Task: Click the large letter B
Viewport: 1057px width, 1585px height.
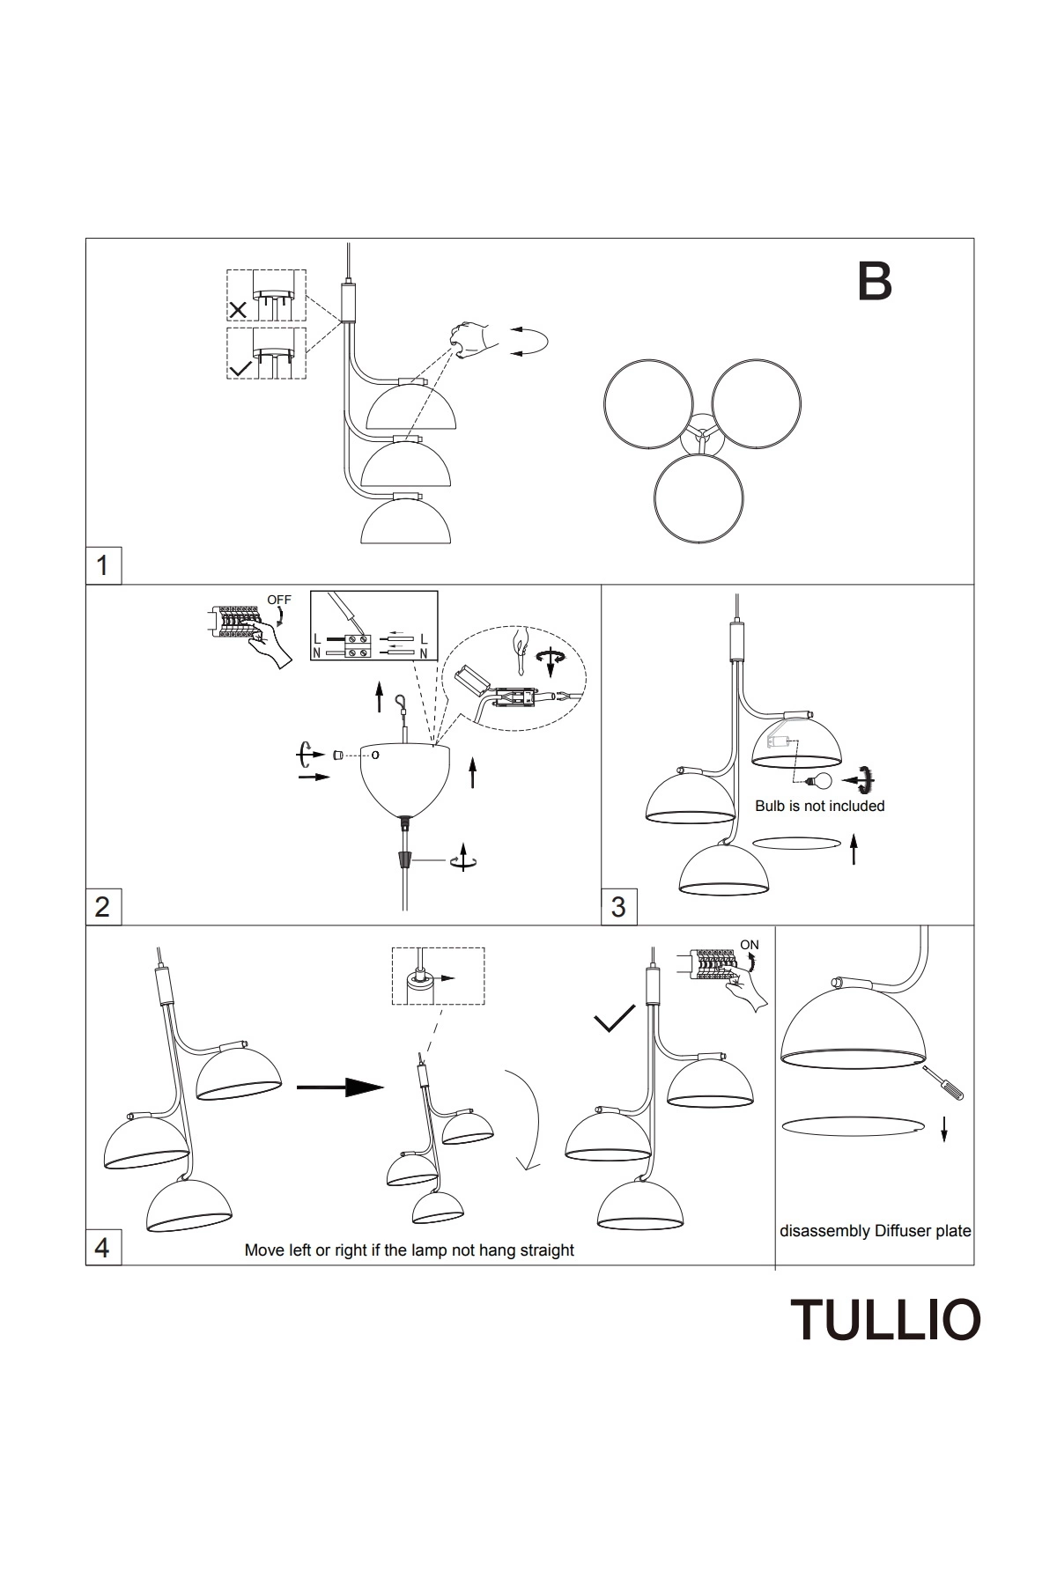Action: [875, 281]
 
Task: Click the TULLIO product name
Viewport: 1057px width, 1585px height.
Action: [885, 1319]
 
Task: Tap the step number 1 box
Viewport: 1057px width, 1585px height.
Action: [103, 565]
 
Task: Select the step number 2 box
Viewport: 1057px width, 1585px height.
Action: [103, 906]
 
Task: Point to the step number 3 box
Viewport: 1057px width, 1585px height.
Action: [618, 906]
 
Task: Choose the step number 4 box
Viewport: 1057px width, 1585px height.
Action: [103, 1247]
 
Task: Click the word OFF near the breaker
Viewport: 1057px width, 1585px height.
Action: [278, 600]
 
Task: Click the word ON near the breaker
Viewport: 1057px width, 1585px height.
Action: [750, 945]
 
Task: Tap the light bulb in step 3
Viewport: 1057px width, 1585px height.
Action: [819, 780]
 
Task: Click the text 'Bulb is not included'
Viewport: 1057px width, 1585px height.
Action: [819, 806]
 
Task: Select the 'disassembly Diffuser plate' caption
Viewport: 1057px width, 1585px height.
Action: [875, 1231]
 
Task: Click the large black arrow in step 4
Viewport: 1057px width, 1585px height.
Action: [340, 1087]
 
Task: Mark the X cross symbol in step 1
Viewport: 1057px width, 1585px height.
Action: [237, 310]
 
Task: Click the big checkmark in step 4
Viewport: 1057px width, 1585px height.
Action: [614, 1019]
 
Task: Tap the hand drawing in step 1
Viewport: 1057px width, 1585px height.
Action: [471, 337]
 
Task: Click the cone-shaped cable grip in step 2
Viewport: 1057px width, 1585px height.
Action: [404, 859]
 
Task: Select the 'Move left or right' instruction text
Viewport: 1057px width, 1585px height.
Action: [409, 1250]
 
